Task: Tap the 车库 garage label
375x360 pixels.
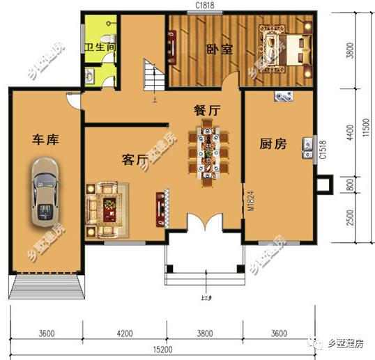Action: point(44,140)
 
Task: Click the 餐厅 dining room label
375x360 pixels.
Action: point(207,110)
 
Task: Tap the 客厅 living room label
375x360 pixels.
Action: point(136,161)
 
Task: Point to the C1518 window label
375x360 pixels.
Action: point(323,150)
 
